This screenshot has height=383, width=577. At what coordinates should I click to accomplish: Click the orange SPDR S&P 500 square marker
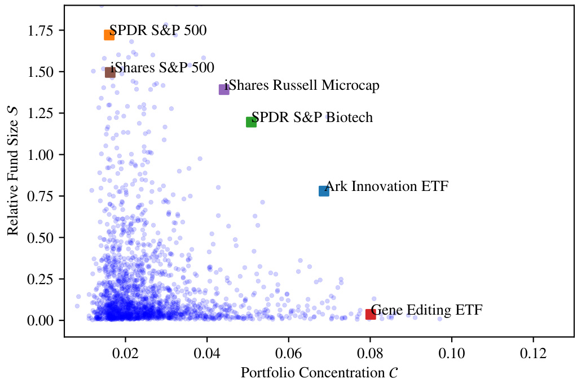click(x=109, y=35)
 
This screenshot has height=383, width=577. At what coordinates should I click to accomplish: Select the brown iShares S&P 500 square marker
click(x=110, y=72)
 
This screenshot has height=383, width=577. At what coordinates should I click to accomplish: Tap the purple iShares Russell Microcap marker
click(x=224, y=89)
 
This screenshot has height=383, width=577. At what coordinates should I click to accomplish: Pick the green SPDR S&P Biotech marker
click(x=252, y=121)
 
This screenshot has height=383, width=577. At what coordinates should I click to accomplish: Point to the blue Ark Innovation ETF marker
click(x=324, y=191)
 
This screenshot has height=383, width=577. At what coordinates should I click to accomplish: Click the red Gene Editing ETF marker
click(x=371, y=314)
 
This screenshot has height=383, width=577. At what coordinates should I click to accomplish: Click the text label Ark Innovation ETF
click(x=387, y=186)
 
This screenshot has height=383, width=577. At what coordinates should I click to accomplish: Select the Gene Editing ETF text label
click(x=427, y=310)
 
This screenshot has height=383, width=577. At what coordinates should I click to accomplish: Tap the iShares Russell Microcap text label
click(x=302, y=85)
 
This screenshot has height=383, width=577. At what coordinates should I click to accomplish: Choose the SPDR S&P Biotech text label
click(x=312, y=117)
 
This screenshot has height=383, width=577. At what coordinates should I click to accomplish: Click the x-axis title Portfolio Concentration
click(x=319, y=373)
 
